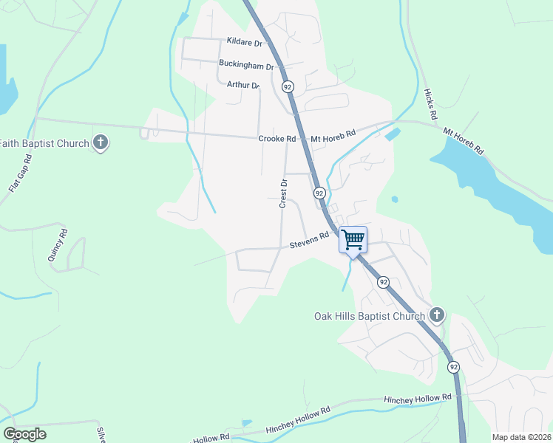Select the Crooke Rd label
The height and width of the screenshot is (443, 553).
tap(277, 138)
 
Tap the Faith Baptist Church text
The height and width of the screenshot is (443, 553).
tap(44, 142)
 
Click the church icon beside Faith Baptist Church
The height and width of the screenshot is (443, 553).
tap(101, 142)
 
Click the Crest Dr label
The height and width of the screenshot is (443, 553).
tap(282, 193)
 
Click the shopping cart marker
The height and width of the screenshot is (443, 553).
tap(353, 238)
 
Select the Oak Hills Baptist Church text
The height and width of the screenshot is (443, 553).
tap(370, 316)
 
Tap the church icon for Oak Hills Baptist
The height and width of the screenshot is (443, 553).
tap(436, 315)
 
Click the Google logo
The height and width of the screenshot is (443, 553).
tap(24, 434)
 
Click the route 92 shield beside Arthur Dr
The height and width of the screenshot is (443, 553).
tap(288, 87)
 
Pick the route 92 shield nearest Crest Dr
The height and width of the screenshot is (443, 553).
tap(319, 193)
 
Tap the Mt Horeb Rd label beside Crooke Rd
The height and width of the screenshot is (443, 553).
tap(333, 138)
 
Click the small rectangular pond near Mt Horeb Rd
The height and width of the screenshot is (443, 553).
tap(393, 134)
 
